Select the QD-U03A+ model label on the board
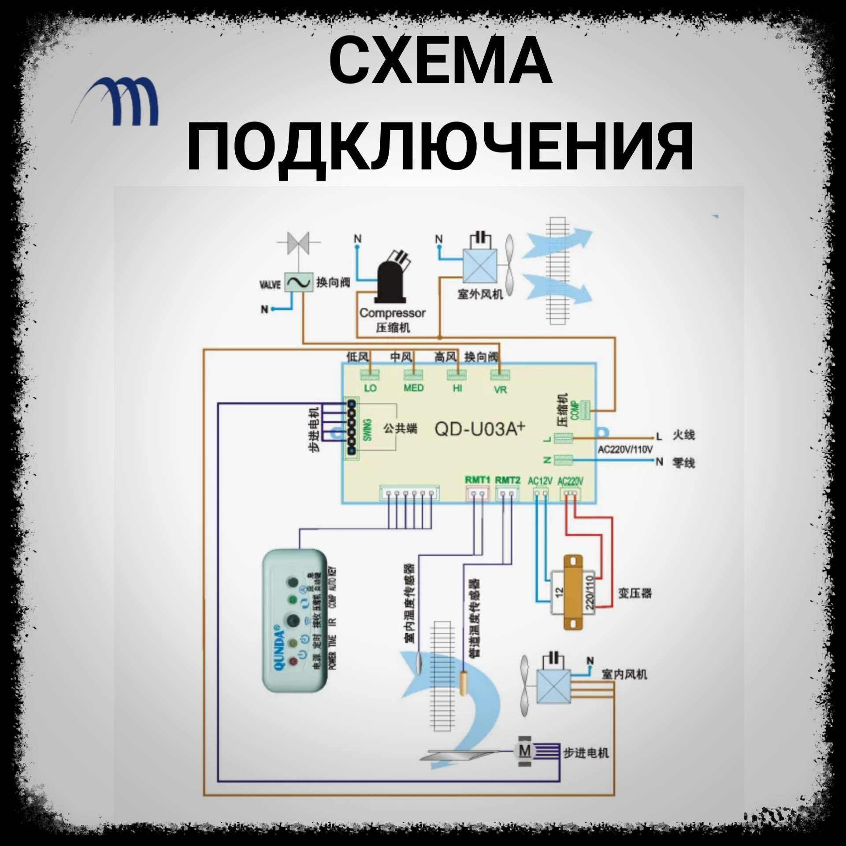(x=480, y=428)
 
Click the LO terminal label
(x=370, y=389)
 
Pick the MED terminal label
(x=413, y=388)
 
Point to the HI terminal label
(x=457, y=389)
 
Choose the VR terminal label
(x=500, y=390)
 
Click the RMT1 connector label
(x=477, y=479)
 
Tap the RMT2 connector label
(x=507, y=479)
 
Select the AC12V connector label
(x=540, y=481)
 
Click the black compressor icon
(x=391, y=276)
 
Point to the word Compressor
(x=392, y=313)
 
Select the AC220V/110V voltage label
(x=625, y=449)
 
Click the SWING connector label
(x=367, y=429)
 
